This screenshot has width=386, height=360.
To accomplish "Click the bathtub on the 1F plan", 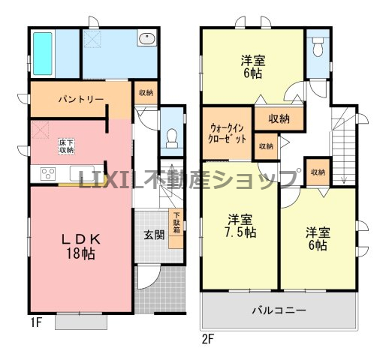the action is click(43, 53).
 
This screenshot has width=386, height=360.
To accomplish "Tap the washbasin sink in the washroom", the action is click(147, 39).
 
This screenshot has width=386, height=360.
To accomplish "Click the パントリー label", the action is click(81, 100).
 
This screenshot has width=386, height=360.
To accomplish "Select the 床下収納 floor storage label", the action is click(67, 146).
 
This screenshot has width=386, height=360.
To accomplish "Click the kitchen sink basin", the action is click(82, 173).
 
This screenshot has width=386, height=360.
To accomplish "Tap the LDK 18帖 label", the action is click(81, 246).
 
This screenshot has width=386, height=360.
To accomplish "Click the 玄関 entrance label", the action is click(154, 235).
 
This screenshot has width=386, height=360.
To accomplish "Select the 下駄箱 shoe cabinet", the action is click(176, 229).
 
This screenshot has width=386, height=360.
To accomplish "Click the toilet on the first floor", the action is click(172, 139).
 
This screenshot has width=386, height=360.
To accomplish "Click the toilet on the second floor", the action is click(318, 46).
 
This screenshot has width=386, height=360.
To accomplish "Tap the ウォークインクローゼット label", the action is click(228, 133).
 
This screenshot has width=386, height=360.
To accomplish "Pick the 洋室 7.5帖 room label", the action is click(240, 226).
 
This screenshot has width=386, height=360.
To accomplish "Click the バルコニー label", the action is click(279, 310).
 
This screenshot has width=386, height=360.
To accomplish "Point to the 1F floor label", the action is click(36, 323).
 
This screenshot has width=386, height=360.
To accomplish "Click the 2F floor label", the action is click(207, 339).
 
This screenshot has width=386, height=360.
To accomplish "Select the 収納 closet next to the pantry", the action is click(146, 93).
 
